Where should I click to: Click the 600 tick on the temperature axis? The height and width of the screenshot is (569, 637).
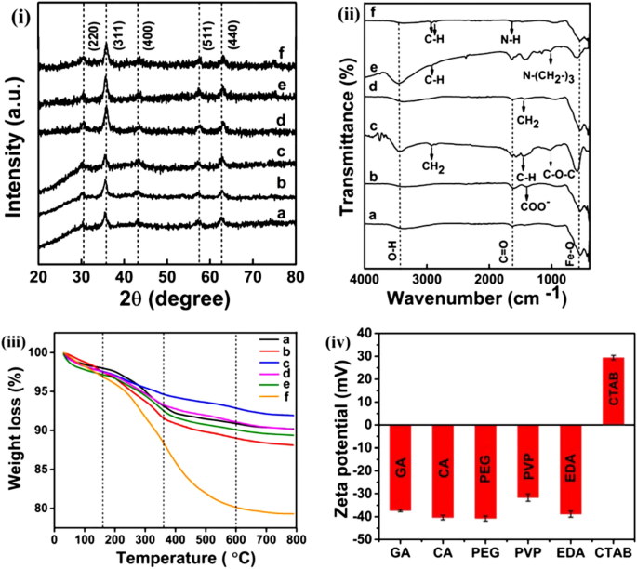[236, 549]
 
